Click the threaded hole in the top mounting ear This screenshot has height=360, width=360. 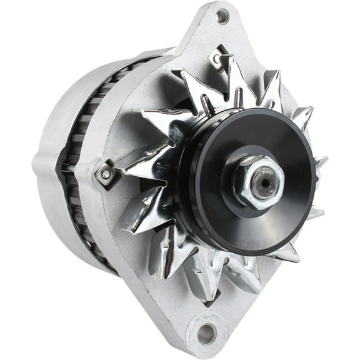point(222,17)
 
